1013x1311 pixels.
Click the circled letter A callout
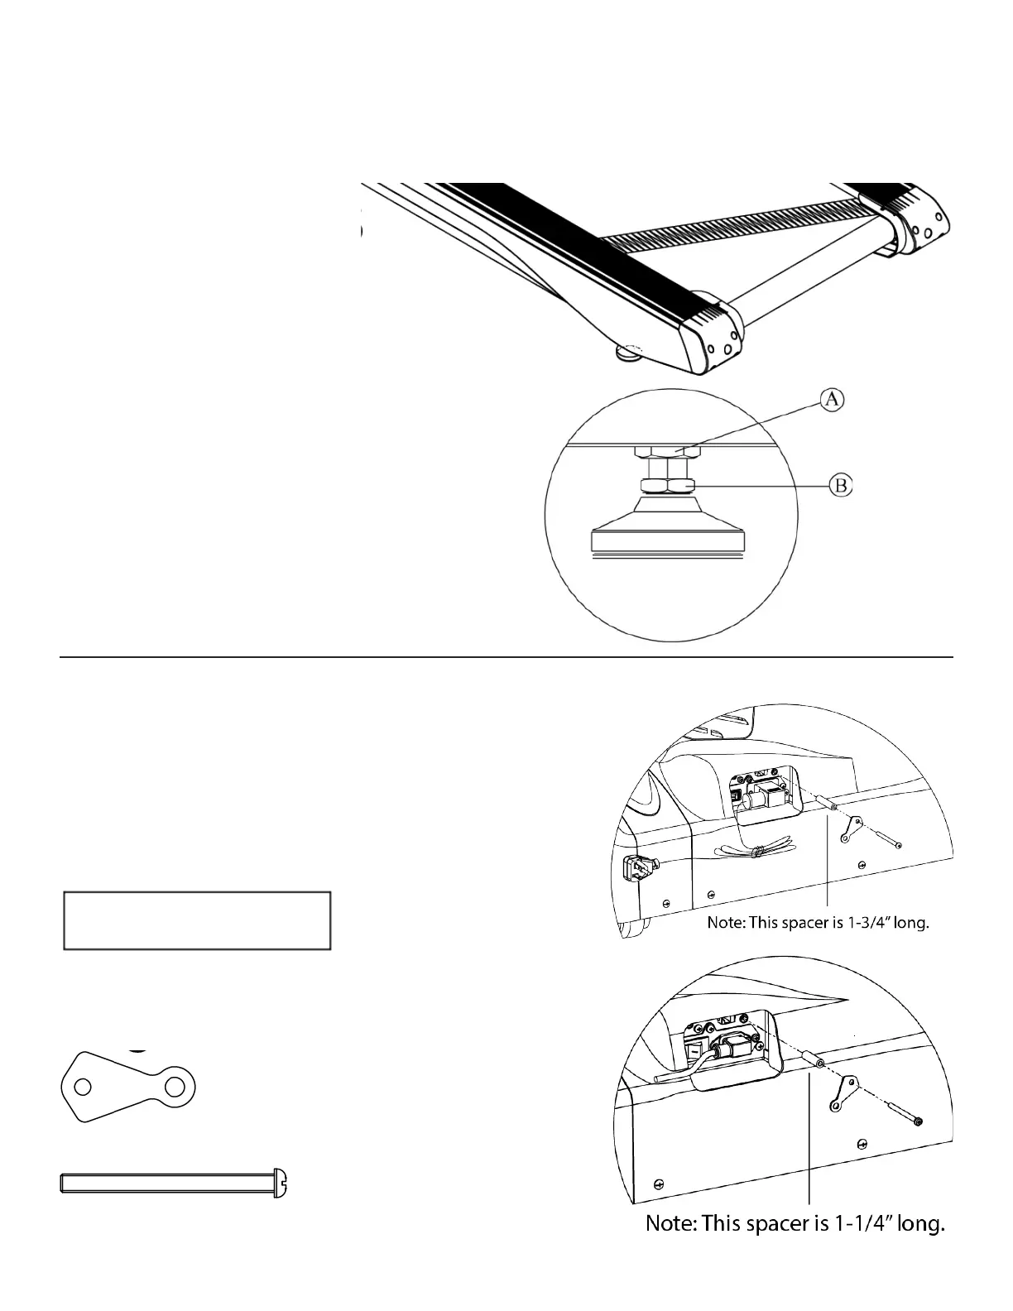[832, 400]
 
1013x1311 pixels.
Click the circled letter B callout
[841, 485]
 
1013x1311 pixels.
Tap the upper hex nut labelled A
[667, 452]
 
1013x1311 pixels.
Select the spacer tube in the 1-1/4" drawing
[809, 1060]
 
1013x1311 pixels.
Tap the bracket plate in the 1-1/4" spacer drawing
[843, 1092]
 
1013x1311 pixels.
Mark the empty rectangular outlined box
[197, 920]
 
